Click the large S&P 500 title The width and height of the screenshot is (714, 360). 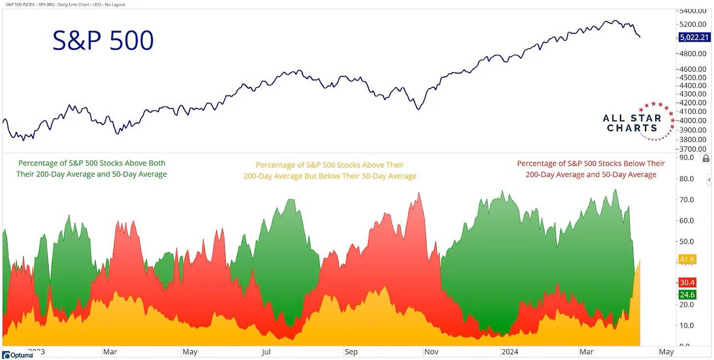[103, 41]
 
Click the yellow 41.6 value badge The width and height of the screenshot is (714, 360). [687, 259]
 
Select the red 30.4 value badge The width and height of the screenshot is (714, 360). [687, 282]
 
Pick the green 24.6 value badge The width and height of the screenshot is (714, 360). [687, 295]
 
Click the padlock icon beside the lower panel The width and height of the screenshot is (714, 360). [706, 158]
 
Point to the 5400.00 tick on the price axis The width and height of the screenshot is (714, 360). [693, 10]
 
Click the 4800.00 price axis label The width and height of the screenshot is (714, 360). [693, 53]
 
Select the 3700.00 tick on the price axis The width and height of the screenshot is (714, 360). [693, 149]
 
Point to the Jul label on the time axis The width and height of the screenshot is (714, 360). [266, 352]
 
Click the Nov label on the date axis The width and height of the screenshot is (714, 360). [432, 352]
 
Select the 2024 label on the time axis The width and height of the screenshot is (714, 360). [510, 352]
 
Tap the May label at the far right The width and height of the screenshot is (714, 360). [666, 352]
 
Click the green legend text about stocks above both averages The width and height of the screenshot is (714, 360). [92, 168]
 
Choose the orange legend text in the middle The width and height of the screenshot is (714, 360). [330, 170]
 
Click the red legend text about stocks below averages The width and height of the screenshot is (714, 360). [591, 169]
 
